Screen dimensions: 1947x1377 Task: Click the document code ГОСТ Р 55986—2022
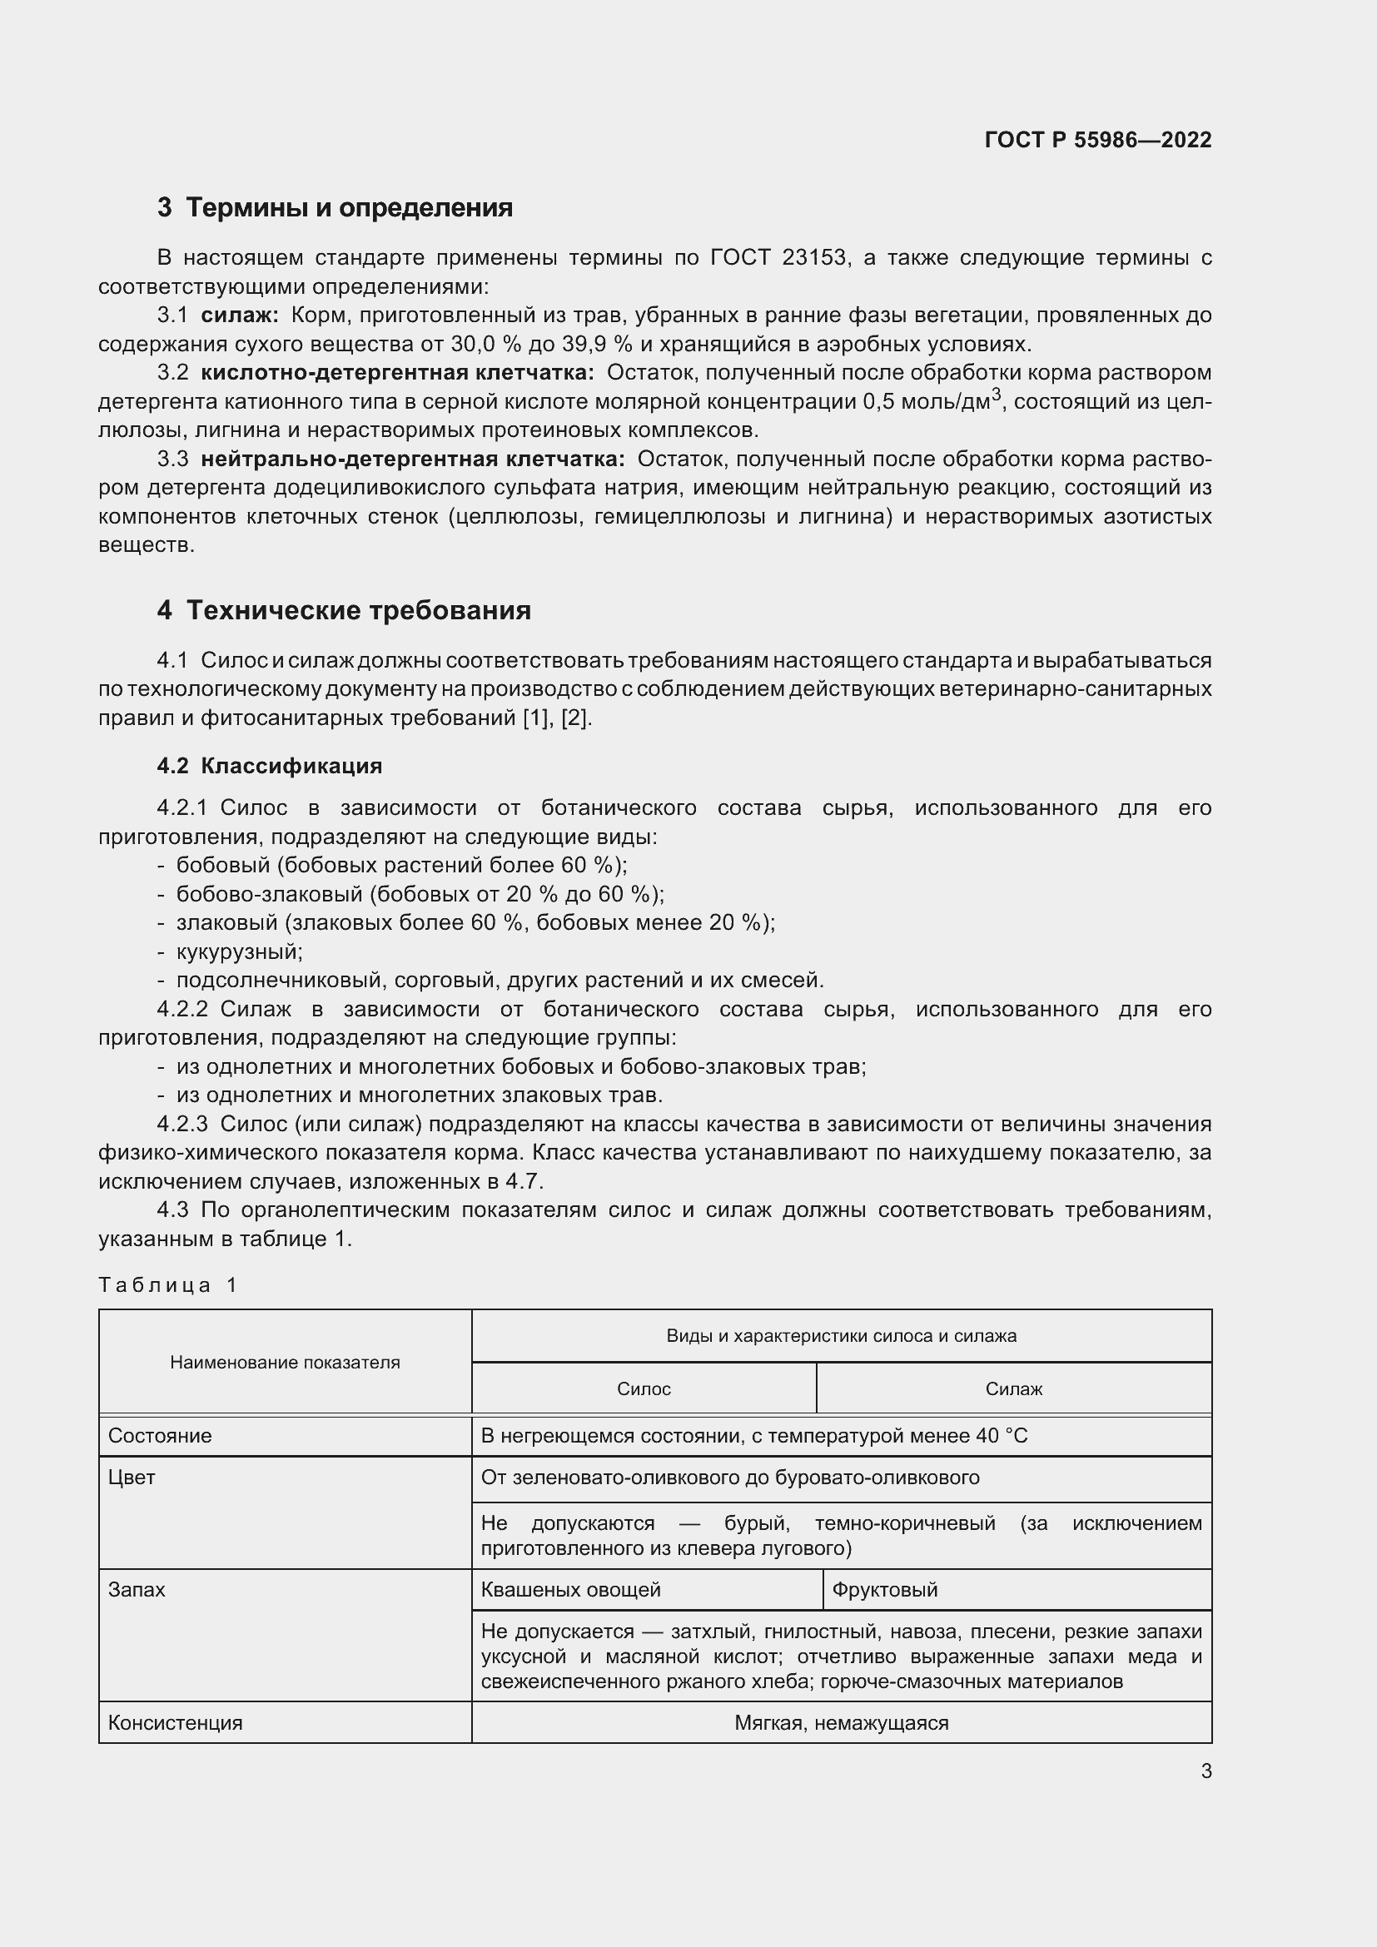(1097, 140)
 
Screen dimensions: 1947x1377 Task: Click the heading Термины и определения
(349, 208)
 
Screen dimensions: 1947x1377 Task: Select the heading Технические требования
(358, 610)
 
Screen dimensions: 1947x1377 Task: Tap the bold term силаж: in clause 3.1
(239, 315)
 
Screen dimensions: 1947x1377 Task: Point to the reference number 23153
(814, 258)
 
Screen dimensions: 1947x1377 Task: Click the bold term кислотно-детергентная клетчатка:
(397, 373)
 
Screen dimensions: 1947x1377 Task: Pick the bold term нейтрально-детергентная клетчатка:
(412, 459)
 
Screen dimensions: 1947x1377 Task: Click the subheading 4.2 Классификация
(269, 766)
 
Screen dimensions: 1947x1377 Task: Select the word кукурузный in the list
(239, 951)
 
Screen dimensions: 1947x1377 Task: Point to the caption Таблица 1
(167, 1284)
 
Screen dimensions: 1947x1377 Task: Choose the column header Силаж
(1013, 1389)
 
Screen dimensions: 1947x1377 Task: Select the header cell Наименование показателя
(285, 1362)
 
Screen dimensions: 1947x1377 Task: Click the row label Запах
(137, 1590)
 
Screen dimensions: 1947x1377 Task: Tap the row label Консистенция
(175, 1723)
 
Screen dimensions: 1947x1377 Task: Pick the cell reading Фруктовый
(884, 1590)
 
